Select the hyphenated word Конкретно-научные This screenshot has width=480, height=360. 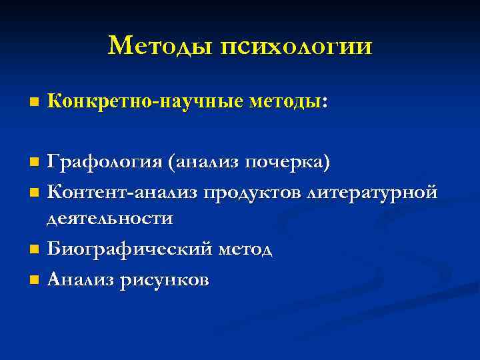tap(146, 103)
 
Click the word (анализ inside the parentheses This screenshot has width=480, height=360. tap(204, 162)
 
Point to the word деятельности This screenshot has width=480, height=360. tap(109, 219)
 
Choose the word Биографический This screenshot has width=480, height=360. tap(130, 249)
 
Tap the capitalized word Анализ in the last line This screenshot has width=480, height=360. tap(81, 279)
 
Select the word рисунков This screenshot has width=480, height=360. tap(164, 281)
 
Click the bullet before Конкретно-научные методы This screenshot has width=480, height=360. tap(35, 103)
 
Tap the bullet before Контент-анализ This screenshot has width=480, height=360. tap(35, 193)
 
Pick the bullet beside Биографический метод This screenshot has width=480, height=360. tap(35, 250)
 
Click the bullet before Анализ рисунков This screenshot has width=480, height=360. tap(35, 280)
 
